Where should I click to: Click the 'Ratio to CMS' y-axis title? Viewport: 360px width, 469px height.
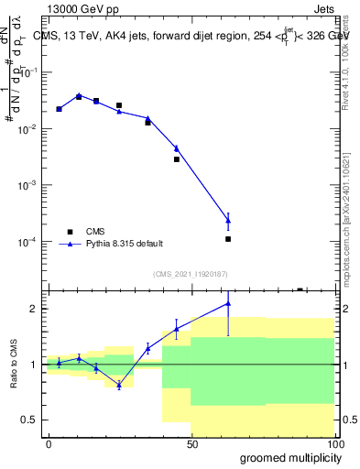(x=14, y=364)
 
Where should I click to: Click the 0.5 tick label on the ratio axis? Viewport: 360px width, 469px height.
(x=32, y=420)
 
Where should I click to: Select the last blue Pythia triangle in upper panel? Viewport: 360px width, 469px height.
(x=228, y=221)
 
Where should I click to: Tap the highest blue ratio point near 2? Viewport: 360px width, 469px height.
(x=228, y=303)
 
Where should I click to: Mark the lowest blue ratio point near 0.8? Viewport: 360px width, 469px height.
(x=119, y=385)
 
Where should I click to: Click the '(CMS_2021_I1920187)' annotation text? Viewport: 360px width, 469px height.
(x=190, y=273)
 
